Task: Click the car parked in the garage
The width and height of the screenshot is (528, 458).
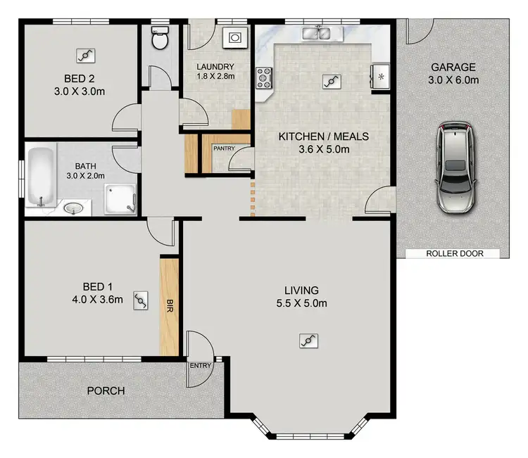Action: point(455,167)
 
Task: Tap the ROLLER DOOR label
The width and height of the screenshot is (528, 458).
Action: point(455,253)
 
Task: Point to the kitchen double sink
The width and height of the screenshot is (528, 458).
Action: point(317,32)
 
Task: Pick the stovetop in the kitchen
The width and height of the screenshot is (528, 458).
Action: point(265,77)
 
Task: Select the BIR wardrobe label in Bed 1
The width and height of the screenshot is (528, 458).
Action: point(169,306)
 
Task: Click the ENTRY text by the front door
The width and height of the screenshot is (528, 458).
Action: point(199,366)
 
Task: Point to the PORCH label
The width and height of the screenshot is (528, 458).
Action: point(106,390)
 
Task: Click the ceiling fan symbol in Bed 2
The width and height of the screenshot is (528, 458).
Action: point(87,55)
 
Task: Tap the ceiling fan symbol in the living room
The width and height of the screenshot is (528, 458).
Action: point(308,341)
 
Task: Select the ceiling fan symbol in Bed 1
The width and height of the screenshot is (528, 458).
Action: point(141,301)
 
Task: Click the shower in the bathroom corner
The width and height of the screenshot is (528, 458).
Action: point(120,198)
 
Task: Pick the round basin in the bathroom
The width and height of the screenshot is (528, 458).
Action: point(73,208)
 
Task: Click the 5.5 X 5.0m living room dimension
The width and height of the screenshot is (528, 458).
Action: point(301,303)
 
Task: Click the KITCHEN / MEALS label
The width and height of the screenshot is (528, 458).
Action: point(323,136)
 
